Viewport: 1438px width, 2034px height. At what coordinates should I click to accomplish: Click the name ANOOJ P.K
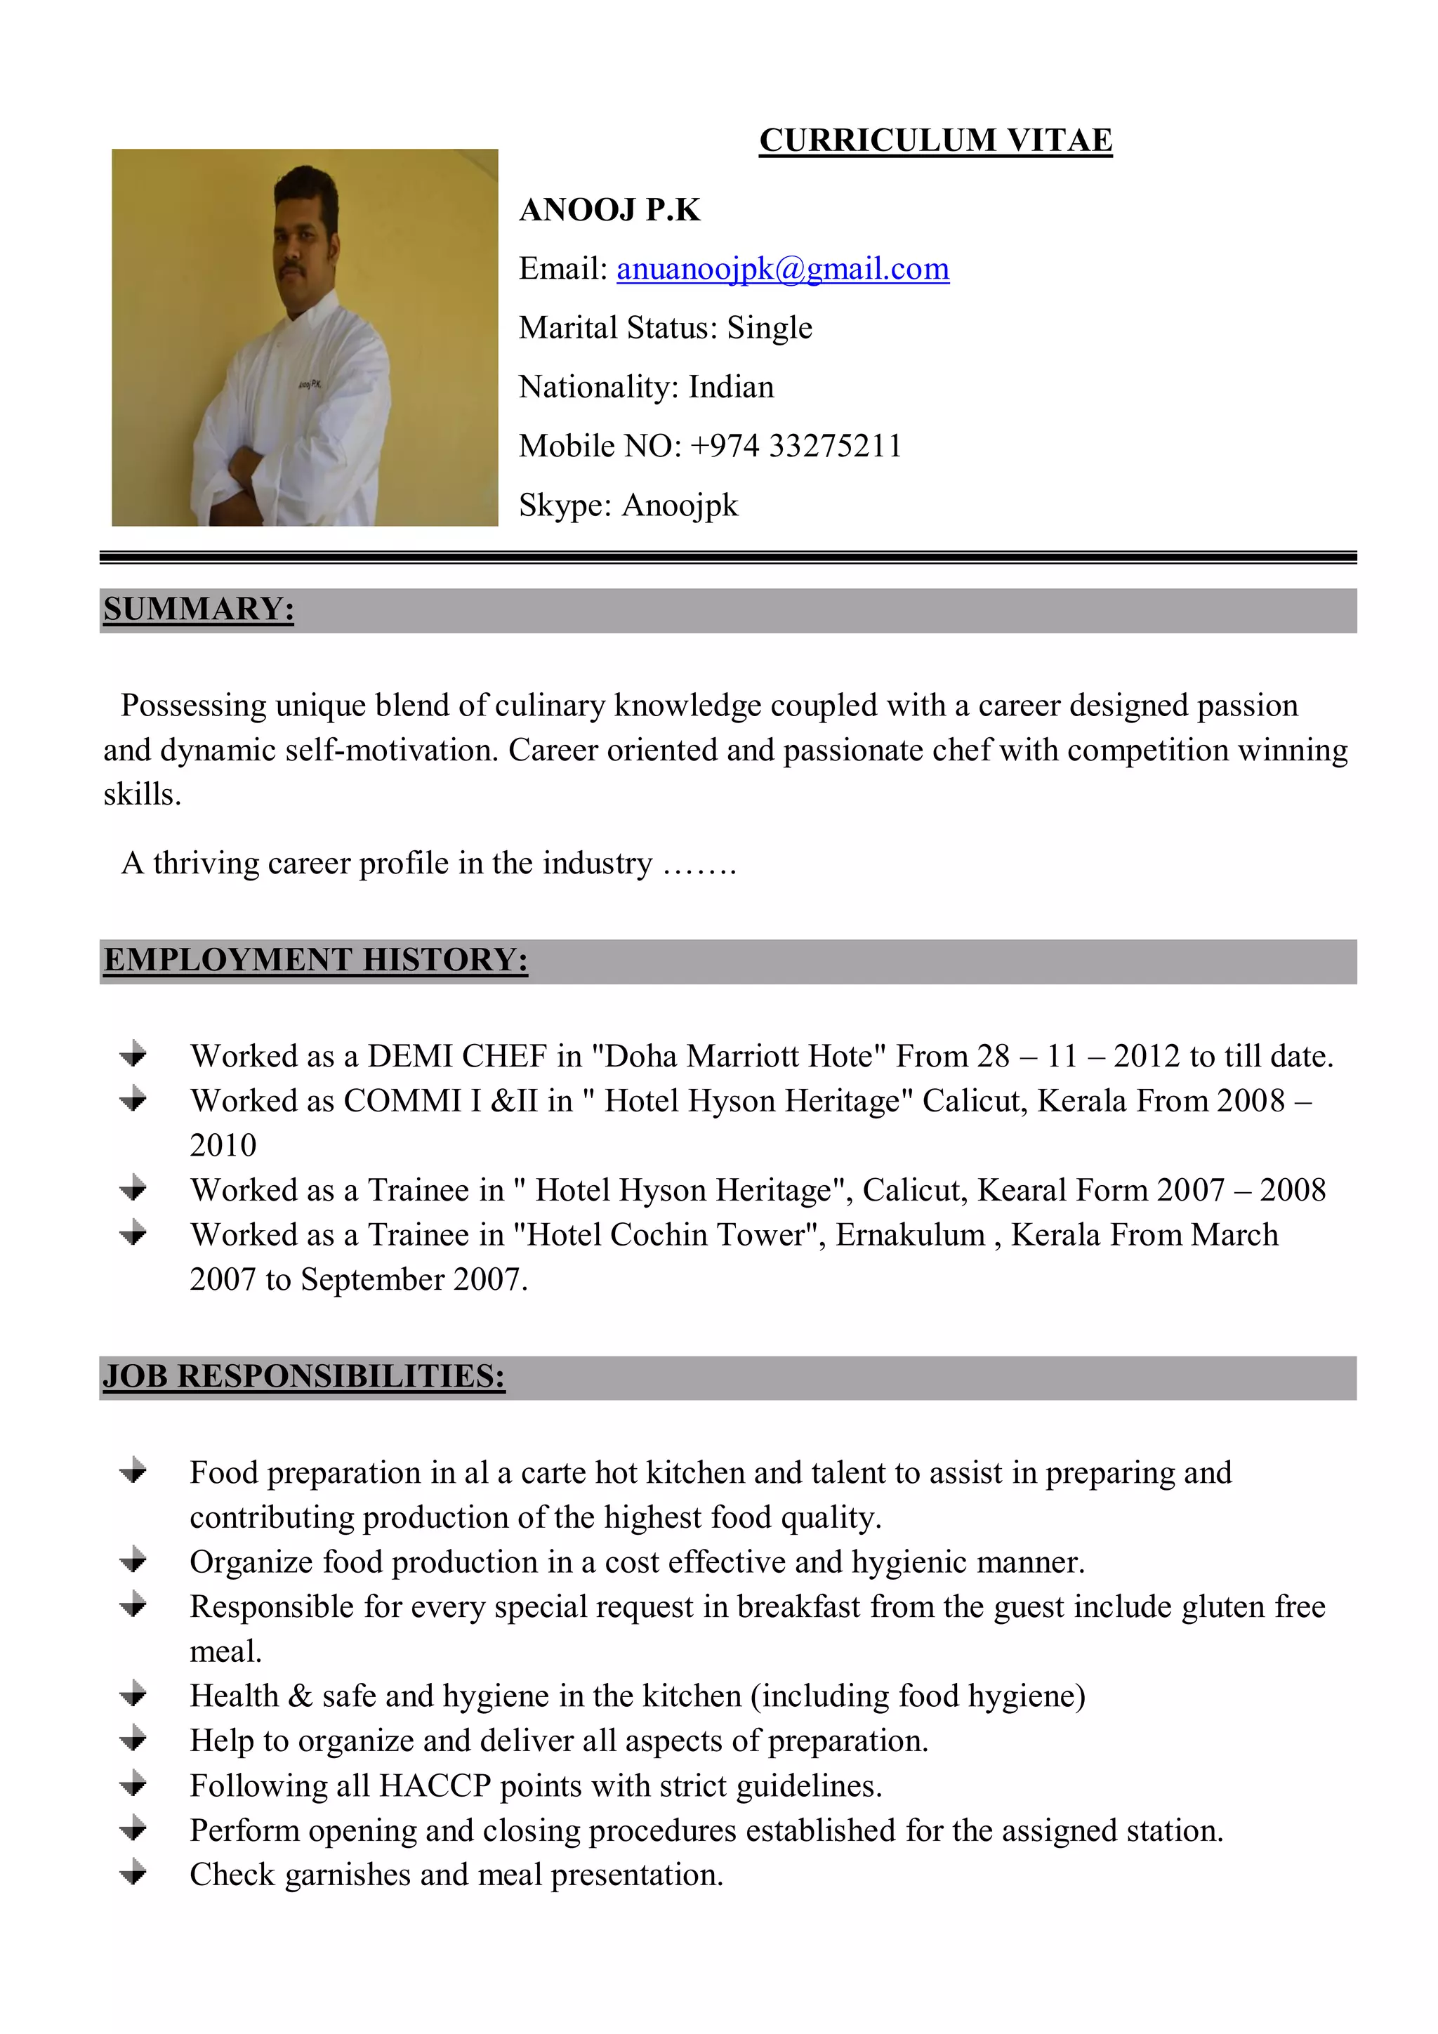click(x=609, y=210)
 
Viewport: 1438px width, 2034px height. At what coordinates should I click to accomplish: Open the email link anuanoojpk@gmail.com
click(x=782, y=268)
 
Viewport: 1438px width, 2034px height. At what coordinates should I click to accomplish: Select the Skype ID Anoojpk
click(x=680, y=505)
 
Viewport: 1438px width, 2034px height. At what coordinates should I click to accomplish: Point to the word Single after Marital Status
click(x=769, y=328)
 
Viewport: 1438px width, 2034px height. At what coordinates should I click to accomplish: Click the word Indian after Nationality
click(x=731, y=387)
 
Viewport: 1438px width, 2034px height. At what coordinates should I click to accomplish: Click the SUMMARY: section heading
click(x=199, y=609)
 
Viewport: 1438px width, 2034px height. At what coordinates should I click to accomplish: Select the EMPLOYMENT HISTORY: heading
click(x=315, y=960)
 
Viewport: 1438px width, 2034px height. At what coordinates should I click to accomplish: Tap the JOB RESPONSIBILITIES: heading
click(x=304, y=1377)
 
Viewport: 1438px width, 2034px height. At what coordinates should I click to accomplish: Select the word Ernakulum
click(x=910, y=1235)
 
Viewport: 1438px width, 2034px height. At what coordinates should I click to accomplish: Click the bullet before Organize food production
click(x=134, y=1561)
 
